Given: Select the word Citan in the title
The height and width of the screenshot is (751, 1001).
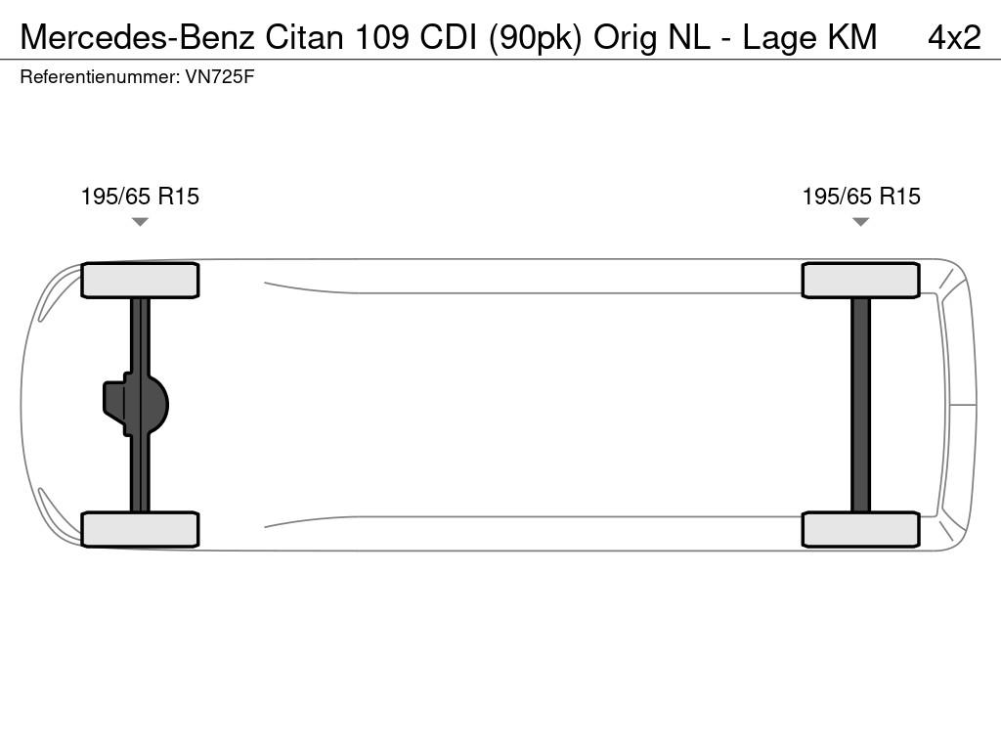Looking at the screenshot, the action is pos(305,37).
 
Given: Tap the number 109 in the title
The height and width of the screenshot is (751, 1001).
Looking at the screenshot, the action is pos(381,37).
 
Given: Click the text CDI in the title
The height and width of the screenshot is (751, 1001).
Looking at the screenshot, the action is pos(448,37).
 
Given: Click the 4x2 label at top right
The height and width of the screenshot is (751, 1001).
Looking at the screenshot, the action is pos(954,37).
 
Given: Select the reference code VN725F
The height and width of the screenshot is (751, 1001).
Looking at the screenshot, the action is pos(220,77).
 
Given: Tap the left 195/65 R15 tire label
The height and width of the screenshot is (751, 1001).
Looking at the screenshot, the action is pos(140,196).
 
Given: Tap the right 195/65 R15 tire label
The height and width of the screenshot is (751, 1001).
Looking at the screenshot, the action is pos(861,196).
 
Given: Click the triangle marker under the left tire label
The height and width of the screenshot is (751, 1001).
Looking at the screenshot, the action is pos(140,222).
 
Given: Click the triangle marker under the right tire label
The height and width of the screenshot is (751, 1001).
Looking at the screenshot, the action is pos(860,222).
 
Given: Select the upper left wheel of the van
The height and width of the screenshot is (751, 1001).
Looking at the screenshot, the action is pos(140,281).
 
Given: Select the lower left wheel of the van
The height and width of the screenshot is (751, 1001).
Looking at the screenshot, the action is pos(140,529).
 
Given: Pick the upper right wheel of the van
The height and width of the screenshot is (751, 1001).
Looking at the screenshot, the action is pos(860,281).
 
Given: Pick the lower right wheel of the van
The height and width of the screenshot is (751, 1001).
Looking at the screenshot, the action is pos(860,529).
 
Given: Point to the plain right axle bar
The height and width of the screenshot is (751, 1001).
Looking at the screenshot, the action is pos(860,405).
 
